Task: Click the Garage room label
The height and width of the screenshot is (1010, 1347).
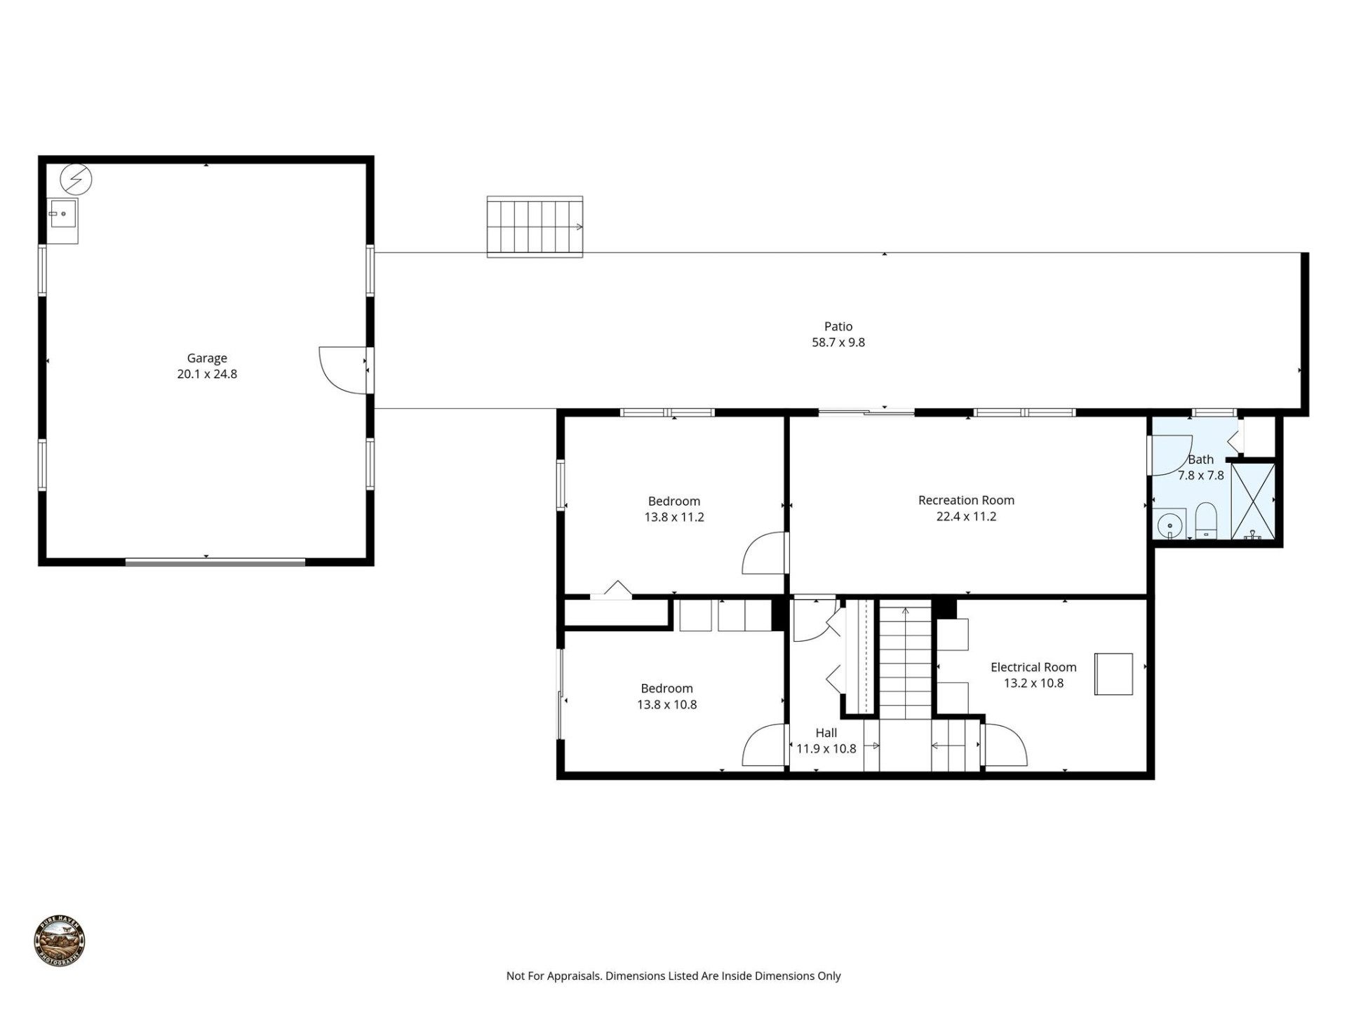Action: click(x=206, y=358)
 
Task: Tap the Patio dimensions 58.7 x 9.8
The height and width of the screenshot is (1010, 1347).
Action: click(x=838, y=343)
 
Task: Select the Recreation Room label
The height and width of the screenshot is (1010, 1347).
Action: click(x=966, y=500)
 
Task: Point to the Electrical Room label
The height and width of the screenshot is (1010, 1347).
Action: click(x=1033, y=667)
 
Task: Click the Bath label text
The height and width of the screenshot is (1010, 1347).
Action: click(x=1200, y=460)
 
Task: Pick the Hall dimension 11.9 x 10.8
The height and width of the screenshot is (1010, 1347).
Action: click(x=826, y=748)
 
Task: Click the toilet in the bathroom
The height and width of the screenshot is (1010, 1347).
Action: click(x=1206, y=519)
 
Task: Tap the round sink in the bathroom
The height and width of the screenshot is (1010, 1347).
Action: click(x=1170, y=525)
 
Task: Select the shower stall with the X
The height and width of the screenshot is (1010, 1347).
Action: click(x=1253, y=501)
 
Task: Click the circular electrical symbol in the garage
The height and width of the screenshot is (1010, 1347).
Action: click(x=76, y=180)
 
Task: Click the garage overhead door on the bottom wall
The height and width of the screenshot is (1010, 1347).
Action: click(x=215, y=562)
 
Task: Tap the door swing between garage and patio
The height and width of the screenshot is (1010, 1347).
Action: click(x=342, y=370)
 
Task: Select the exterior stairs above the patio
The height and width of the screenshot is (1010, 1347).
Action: click(x=535, y=227)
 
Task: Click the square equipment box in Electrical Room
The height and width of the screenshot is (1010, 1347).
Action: click(x=1113, y=674)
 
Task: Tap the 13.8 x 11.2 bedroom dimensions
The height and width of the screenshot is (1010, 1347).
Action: click(x=673, y=518)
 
